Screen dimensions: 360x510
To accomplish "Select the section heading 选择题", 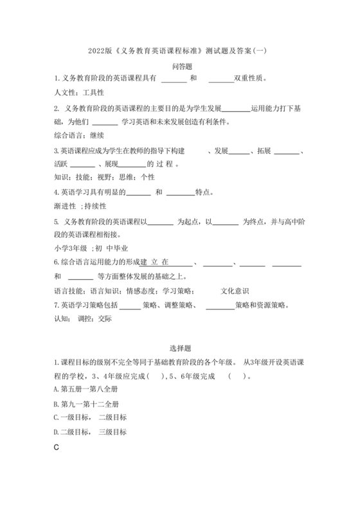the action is point(179,349).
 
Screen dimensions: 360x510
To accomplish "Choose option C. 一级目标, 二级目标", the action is point(90,418).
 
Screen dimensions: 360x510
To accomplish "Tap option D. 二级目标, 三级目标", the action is point(90,432).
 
